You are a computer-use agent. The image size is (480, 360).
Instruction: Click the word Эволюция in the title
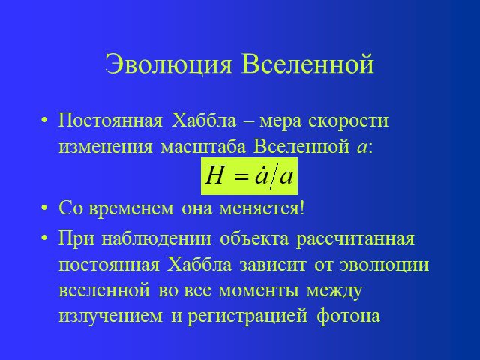coord(168,64)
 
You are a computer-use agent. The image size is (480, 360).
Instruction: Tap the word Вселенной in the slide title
coord(308,64)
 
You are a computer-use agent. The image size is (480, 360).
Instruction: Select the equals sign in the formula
coord(241,178)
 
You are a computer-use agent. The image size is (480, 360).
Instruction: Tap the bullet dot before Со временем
coord(45,208)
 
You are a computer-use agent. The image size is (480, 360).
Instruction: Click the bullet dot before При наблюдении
coord(45,238)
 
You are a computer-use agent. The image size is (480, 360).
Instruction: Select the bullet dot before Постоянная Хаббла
coord(45,121)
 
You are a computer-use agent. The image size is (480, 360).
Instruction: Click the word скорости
coord(348,121)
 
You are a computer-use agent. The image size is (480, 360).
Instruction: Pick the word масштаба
coord(203,147)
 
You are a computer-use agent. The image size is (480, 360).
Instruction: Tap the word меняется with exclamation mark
coord(262,208)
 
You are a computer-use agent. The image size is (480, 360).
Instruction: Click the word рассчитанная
coord(355,239)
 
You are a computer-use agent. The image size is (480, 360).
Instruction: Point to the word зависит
coord(273,265)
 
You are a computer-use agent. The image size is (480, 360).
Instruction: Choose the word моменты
coord(259,291)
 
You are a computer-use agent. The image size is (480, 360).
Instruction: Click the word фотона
coord(349,316)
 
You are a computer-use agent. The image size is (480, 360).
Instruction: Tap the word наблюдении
coord(156,239)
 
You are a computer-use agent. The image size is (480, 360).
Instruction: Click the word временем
coord(131,209)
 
